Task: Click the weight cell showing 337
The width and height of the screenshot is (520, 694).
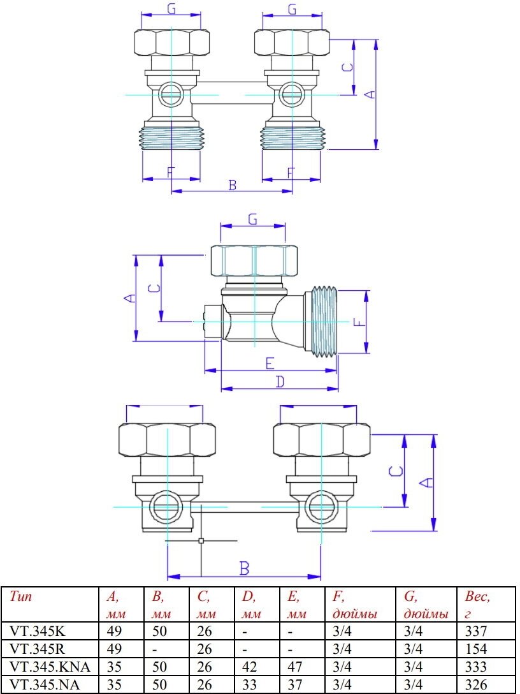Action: pyautogui.click(x=476, y=631)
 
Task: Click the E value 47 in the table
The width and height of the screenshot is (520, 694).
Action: pyautogui.click(x=295, y=667)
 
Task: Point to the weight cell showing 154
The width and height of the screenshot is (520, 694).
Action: pyautogui.click(x=476, y=649)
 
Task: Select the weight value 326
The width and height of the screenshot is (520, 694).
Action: pyautogui.click(x=476, y=685)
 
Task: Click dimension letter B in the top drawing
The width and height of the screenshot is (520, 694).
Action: pyautogui.click(x=233, y=185)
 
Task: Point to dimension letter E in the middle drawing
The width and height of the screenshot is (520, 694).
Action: pyautogui.click(x=270, y=363)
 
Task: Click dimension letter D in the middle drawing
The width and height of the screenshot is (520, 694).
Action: pyautogui.click(x=279, y=381)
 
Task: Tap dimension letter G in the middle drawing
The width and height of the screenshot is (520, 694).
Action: pyautogui.click(x=252, y=219)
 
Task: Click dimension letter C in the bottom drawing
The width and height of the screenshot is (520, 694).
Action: pyautogui.click(x=396, y=472)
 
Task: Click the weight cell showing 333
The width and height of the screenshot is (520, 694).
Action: pyautogui.click(x=476, y=667)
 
